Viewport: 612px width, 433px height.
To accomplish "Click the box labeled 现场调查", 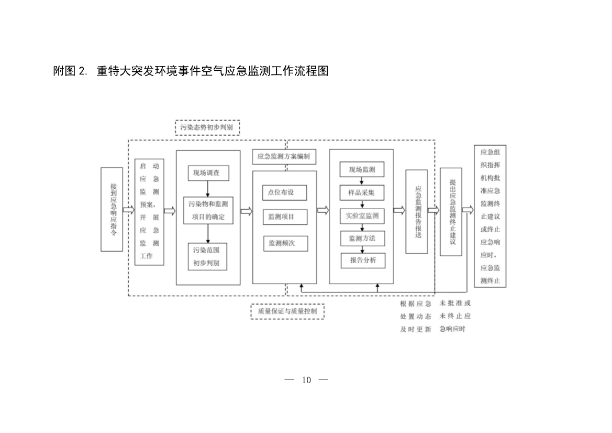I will coord(208,173).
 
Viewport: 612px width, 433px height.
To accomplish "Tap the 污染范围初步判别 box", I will coord(207,256).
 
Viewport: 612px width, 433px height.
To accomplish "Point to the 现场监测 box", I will coord(362,169).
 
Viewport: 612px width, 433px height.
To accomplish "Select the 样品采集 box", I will coord(362,192).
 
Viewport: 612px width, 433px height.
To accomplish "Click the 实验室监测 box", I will coord(362,215).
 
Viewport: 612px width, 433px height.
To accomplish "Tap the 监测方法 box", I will coord(362,239).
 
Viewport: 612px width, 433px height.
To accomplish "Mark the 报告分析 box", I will coord(363,261).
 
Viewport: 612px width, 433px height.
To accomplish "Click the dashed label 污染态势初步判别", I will coord(207,127).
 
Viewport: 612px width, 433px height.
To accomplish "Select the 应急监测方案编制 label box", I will coord(284,156).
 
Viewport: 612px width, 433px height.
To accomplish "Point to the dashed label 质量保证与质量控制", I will coord(287,311).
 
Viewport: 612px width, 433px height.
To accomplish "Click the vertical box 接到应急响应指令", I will coord(112,210).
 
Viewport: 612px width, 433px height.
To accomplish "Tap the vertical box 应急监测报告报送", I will coord(417,211).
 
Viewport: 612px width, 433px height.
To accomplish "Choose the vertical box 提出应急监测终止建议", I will coord(451,211).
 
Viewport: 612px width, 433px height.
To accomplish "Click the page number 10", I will coord(306,380).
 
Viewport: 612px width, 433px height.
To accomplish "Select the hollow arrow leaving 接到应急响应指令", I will coord(128,210).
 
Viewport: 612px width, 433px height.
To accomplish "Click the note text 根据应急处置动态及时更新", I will coord(416,316).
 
